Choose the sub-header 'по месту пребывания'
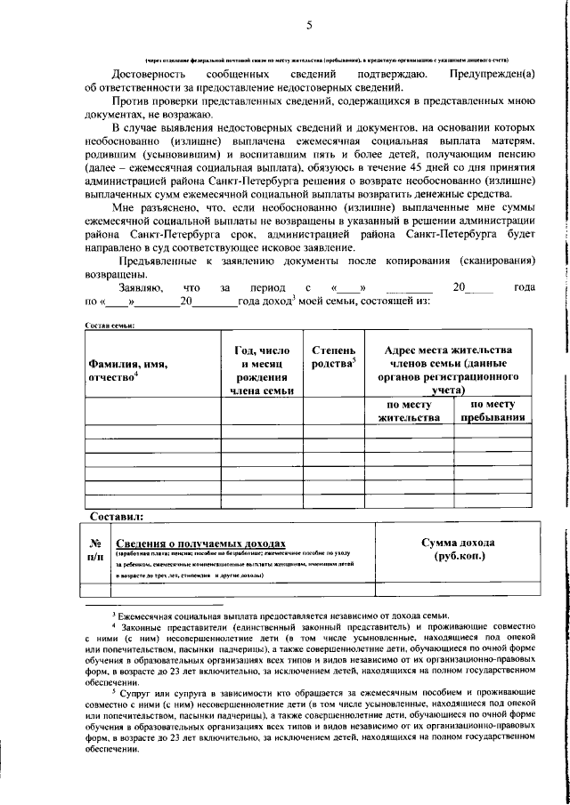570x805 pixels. [491, 410]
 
